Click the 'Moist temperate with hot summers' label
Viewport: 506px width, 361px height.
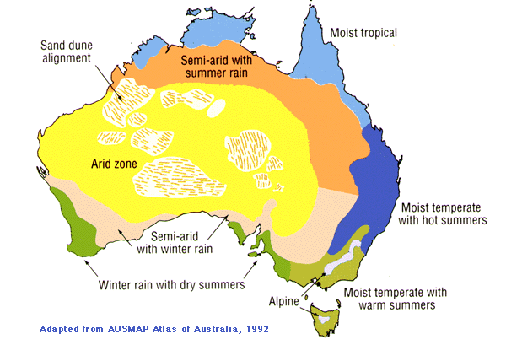[444, 213]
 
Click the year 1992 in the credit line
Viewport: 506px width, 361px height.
[253, 328]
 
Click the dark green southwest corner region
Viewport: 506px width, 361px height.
[72, 232]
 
